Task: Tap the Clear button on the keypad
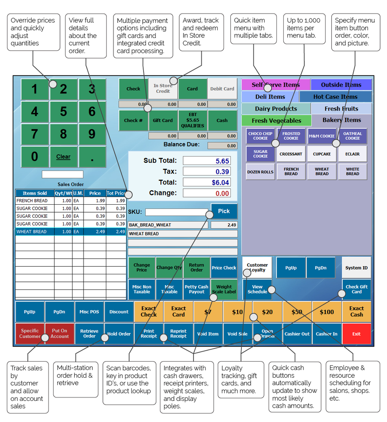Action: click(x=63, y=157)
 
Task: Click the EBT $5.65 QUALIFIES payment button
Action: click(x=192, y=120)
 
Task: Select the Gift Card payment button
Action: click(x=162, y=120)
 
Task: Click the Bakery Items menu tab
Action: click(x=341, y=120)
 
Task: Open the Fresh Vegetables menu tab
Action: click(x=276, y=121)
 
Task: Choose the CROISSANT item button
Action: click(x=291, y=154)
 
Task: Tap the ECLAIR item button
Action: click(x=352, y=154)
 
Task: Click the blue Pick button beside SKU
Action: click(x=224, y=211)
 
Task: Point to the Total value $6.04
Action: click(x=207, y=182)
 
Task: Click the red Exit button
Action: click(x=357, y=334)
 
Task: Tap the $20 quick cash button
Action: click(x=268, y=312)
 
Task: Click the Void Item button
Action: click(x=208, y=334)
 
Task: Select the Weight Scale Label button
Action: click(x=224, y=289)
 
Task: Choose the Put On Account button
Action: click(x=60, y=334)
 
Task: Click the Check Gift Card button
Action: click(x=357, y=289)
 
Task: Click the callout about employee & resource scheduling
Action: click(x=352, y=386)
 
